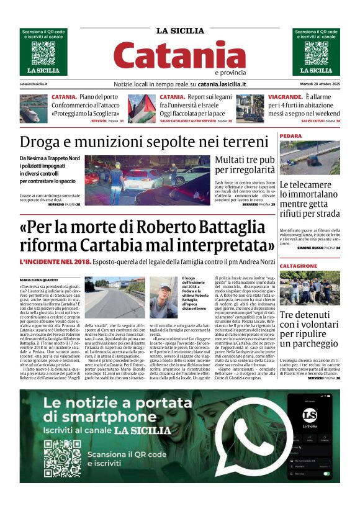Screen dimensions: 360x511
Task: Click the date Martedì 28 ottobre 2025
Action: [x=316, y=84]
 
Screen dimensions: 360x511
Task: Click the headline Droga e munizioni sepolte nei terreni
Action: [x=144, y=141]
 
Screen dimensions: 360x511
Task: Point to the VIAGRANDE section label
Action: [x=286, y=97]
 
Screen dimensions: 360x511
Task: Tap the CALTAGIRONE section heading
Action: [x=299, y=266]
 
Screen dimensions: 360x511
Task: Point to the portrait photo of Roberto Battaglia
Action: [x=164, y=297]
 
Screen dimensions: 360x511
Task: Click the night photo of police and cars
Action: [x=147, y=179]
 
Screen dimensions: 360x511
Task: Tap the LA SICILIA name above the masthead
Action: [x=179, y=31]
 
